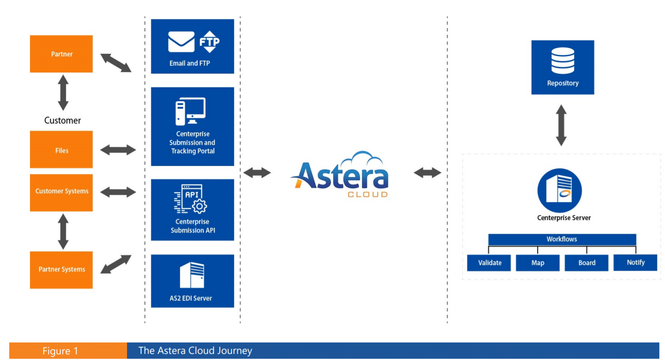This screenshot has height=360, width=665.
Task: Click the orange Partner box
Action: tap(61, 54)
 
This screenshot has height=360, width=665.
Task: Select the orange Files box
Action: tap(61, 150)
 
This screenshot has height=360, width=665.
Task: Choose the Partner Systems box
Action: tap(61, 270)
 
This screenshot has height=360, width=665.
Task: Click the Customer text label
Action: tap(63, 120)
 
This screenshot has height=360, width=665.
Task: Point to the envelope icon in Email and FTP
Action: tap(181, 42)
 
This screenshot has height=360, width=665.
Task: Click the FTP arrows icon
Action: tap(209, 42)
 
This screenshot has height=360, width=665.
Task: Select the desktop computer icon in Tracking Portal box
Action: tap(191, 111)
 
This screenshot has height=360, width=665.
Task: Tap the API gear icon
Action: tap(199, 206)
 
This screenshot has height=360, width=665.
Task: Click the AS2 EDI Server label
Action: tap(191, 298)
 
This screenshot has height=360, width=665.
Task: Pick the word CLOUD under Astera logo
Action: tap(368, 195)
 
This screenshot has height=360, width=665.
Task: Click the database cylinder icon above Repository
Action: tap(563, 60)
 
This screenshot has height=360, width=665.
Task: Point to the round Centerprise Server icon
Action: tap(559, 191)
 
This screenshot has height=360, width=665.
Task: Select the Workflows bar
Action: tap(562, 239)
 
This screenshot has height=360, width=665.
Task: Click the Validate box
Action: tap(489, 262)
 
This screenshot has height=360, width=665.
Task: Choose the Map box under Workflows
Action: tap(538, 262)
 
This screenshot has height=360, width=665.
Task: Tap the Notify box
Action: tap(635, 262)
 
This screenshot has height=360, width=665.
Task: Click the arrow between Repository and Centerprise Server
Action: tap(561, 125)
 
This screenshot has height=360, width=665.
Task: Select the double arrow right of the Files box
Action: tap(118, 150)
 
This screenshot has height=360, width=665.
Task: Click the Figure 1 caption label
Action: tap(60, 351)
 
